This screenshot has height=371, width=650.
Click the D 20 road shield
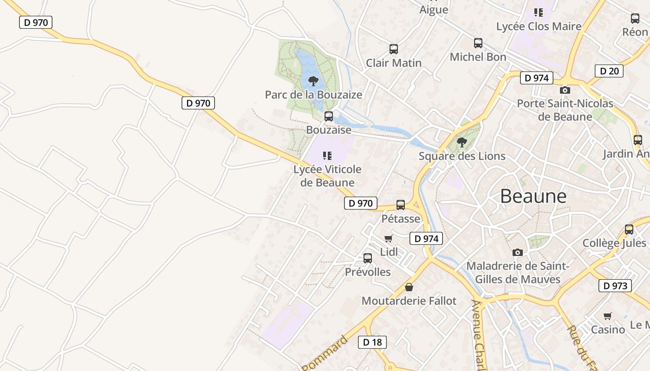(609, 71)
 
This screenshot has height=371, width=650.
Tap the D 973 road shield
(615, 286)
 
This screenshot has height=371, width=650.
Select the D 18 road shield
(372, 342)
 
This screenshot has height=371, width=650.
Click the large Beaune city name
(533, 196)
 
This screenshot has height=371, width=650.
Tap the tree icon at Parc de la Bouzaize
(313, 81)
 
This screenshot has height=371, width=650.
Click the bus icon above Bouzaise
(329, 116)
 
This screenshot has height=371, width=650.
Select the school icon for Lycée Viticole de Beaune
(327, 156)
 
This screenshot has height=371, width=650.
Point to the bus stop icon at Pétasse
(401, 205)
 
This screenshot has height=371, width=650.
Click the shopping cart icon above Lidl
(389, 239)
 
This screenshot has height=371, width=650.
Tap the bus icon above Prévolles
(368, 258)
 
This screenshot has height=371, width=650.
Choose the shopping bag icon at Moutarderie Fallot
(409, 287)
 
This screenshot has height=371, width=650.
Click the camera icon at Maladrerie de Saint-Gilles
(518, 252)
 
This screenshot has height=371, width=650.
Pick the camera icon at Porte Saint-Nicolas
(565, 90)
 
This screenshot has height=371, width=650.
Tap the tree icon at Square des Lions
(461, 142)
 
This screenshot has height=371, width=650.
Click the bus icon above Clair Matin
(394, 49)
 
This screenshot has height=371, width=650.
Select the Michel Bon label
(478, 57)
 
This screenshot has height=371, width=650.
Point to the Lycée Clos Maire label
(539, 26)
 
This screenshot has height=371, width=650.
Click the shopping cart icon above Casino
(608, 316)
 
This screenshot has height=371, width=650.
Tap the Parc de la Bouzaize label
(313, 95)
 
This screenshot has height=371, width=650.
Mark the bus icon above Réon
(635, 19)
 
